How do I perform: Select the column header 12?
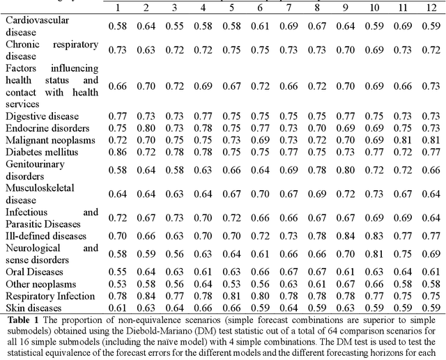point(431,8)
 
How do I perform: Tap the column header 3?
point(175,8)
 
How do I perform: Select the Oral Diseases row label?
point(36,271)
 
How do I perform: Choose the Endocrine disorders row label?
point(47,127)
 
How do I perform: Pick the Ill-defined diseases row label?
point(46,235)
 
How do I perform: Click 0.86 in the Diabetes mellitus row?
point(118,152)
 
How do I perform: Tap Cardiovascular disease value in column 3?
point(175,26)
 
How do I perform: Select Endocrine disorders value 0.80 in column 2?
point(146,128)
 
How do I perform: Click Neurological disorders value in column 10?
point(374,253)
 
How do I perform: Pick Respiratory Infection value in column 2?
point(146,295)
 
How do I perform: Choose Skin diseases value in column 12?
point(431,307)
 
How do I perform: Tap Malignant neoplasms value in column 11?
point(403,140)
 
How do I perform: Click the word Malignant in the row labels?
point(28,139)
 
